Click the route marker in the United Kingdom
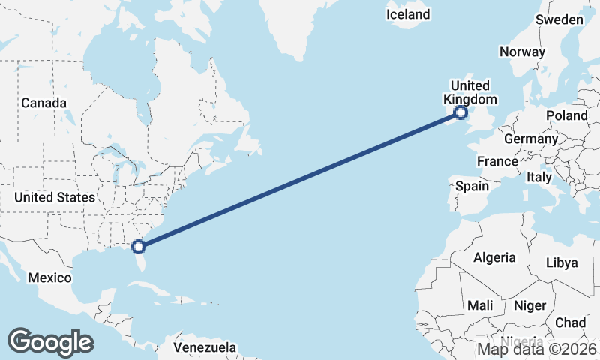pos(460,113)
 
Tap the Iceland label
pos(408,14)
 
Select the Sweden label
pos(559,19)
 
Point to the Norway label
pos(522,52)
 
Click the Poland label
pos(567,115)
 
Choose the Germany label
pos(531,139)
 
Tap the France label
pos(497,161)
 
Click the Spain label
pos(472,186)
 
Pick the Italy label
pos(538,178)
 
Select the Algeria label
pos(494,257)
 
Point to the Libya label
pos(562,262)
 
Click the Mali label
pos(480,305)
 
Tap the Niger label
pos(529,305)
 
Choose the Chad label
pos(571,322)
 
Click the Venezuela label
pos(205,348)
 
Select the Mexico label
pos(49,277)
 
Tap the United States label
pos(55,197)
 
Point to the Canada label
pos(43,103)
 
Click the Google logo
pos(50,341)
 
